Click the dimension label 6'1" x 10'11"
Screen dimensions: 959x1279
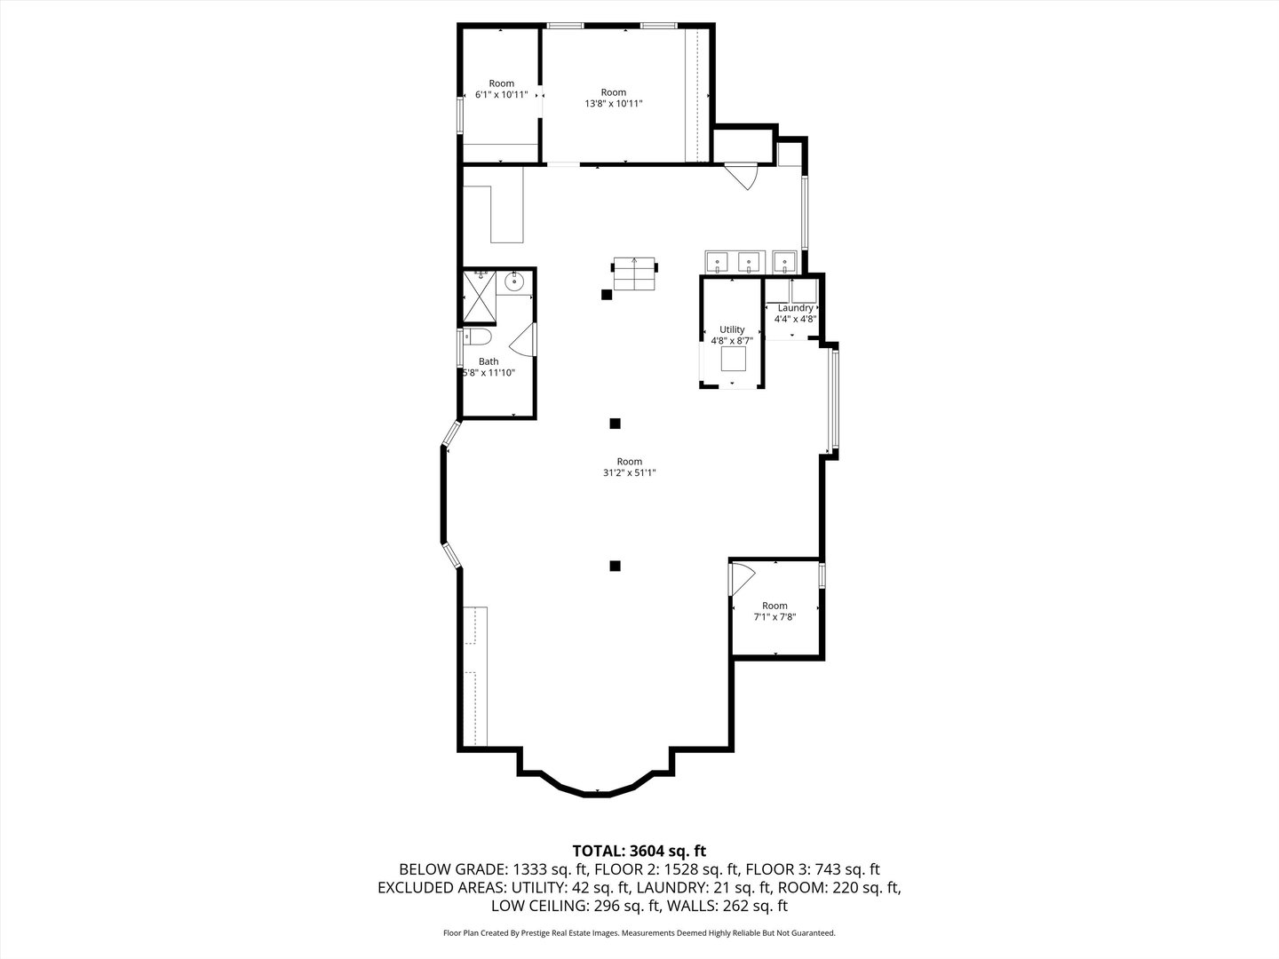(501, 94)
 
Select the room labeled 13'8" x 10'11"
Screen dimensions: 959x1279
(613, 98)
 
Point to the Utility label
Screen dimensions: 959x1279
(732, 329)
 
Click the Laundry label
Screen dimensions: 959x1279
(795, 308)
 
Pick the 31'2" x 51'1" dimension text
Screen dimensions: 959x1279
(630, 473)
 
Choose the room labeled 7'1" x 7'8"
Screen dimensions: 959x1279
(775, 611)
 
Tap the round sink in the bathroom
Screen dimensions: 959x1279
(514, 282)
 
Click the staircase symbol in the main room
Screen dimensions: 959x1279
(634, 273)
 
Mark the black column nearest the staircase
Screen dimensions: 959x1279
(607, 295)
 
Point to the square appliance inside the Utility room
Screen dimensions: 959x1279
(733, 359)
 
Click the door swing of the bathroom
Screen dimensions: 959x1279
(524, 341)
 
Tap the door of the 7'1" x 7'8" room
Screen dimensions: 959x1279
(741, 577)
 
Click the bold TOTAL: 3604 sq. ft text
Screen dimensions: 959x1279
(639, 851)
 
